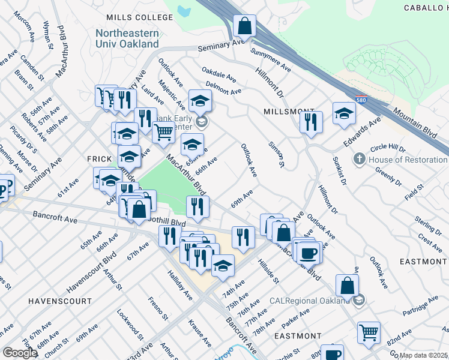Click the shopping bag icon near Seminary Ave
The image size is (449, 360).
click(244, 26)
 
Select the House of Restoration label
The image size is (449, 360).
click(408, 160)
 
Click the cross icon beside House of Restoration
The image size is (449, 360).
click(359, 159)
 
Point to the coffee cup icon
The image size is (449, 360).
click(309, 253)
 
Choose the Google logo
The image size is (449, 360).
click(20, 353)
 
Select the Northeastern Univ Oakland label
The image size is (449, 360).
click(127, 39)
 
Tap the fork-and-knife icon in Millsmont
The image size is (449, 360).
click(310, 122)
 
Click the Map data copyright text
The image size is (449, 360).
click(424, 355)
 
